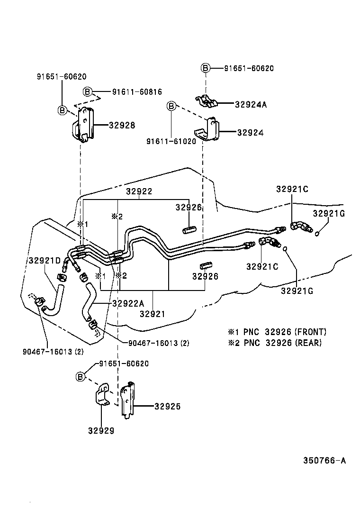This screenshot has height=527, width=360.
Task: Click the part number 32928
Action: point(122,126)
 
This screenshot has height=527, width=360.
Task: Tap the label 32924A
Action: point(251,105)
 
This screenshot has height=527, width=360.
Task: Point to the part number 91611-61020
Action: point(171,141)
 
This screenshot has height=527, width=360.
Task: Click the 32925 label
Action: point(167,407)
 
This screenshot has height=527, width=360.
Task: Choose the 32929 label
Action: point(101,431)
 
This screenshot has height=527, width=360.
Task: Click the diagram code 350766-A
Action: point(324,460)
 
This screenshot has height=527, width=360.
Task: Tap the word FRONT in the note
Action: point(310,332)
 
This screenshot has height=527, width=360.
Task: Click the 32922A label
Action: point(128,304)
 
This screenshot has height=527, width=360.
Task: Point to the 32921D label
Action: point(44,261)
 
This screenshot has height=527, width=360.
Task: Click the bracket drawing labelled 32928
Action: point(83,125)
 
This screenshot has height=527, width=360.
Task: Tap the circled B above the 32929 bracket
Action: point(81,377)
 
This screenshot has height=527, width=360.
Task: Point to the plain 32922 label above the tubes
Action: point(139,191)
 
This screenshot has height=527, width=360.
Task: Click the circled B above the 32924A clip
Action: point(206,68)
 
